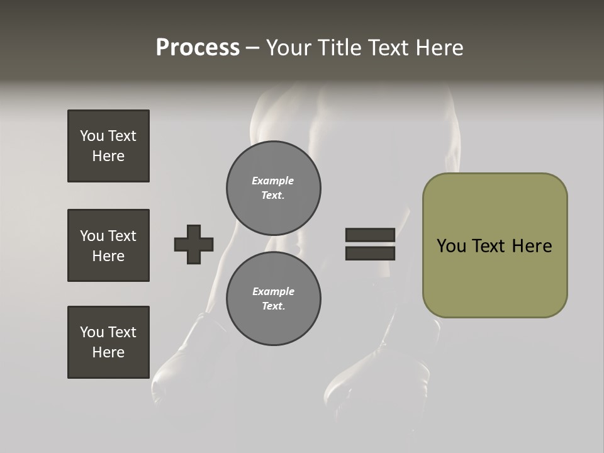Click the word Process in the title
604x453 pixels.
point(198,48)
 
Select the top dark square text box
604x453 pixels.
point(108,146)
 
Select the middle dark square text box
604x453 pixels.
point(108,245)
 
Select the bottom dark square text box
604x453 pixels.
point(108,342)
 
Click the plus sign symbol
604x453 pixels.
point(194,244)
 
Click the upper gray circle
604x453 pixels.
point(273,187)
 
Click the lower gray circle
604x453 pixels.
point(273,298)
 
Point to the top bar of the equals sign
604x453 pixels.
point(370,235)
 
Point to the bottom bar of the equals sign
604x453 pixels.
point(370,254)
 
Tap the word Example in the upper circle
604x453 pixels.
point(272,181)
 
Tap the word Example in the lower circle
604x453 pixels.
point(273,291)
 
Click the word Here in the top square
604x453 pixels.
point(108,156)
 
